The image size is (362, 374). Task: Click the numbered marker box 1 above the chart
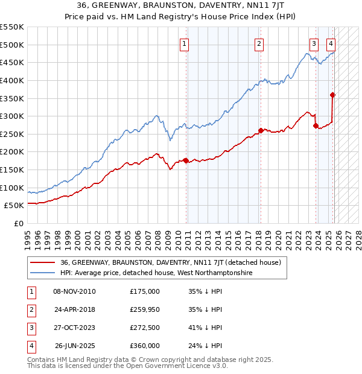pos(184,43)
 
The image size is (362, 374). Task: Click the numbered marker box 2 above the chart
pos(259,43)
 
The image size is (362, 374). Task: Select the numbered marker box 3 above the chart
pos(314,43)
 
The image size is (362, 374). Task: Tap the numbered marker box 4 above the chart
pos(331,43)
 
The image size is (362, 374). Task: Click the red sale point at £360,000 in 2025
pos(333,95)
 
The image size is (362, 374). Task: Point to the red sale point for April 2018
pos(261,130)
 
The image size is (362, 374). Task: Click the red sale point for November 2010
pos(186,160)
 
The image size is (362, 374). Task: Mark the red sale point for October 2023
pos(316,126)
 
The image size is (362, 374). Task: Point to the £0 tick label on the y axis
pos(18,223)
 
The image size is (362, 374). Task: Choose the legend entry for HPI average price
pos(156,273)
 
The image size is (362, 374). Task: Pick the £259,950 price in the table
pos(145,309)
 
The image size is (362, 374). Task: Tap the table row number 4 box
pos(30,346)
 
